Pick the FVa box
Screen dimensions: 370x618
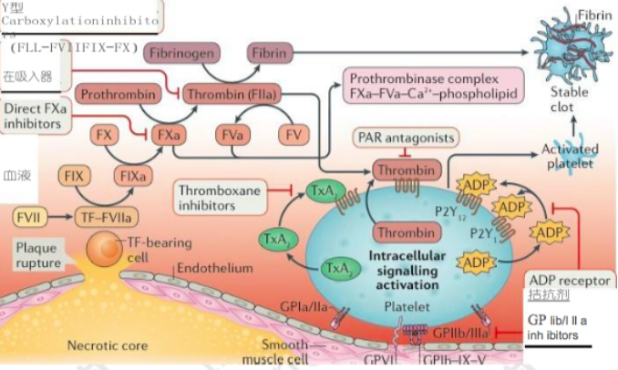(235, 135)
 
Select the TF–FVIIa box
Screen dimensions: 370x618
(108, 218)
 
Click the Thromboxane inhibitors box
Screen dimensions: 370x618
(219, 199)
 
